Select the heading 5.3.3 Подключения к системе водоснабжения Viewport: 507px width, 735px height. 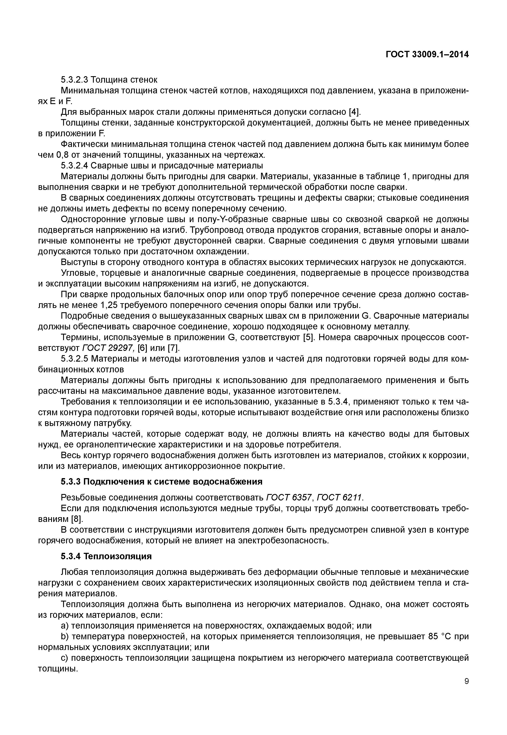(161, 482)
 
